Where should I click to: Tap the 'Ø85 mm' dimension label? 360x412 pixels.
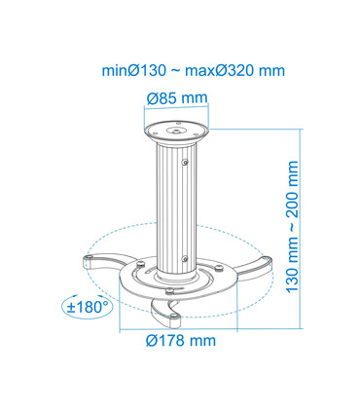pyautogui.click(x=177, y=97)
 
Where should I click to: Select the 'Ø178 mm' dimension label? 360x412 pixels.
pyautogui.click(x=181, y=340)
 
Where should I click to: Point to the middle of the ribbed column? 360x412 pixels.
pyautogui.click(x=177, y=205)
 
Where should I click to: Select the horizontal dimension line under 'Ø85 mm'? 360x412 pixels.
pyautogui.click(x=177, y=110)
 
